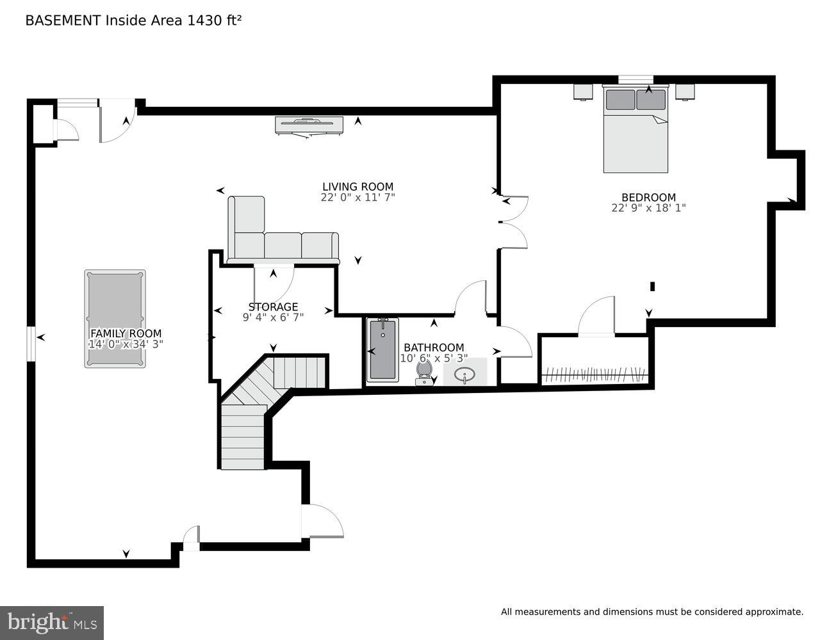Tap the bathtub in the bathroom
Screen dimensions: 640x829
382,350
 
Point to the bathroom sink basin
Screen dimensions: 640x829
464,374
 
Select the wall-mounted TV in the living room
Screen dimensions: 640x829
309,125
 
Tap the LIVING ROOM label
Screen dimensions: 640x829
357,187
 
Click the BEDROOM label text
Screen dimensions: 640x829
648,198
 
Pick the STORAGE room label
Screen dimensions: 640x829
273,307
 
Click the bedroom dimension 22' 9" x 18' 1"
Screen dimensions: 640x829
648,208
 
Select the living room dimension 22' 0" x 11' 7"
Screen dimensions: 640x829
357,197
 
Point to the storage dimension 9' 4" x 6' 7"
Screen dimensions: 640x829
273,317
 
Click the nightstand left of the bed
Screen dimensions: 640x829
583,92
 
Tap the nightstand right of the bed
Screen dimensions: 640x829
685,92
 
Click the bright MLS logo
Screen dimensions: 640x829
51,622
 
